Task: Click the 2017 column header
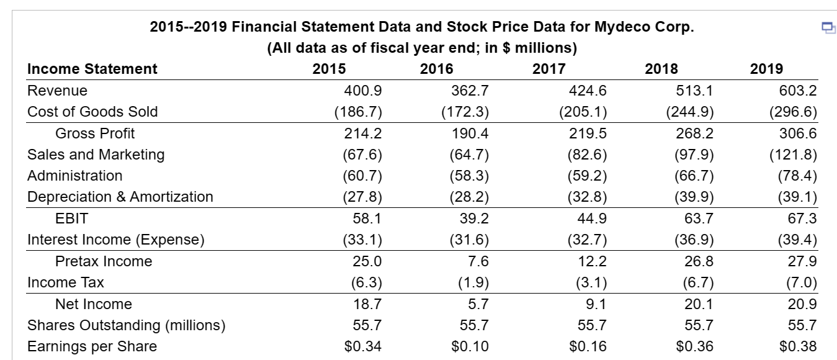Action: point(548,69)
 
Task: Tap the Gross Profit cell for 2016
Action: point(471,133)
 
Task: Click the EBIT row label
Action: point(71,218)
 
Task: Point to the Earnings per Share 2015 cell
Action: point(363,346)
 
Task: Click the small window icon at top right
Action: point(827,27)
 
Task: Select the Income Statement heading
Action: point(92,69)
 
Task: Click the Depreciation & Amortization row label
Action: point(120,197)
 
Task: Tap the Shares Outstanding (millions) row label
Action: point(127,325)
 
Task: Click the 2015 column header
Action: point(330,69)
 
